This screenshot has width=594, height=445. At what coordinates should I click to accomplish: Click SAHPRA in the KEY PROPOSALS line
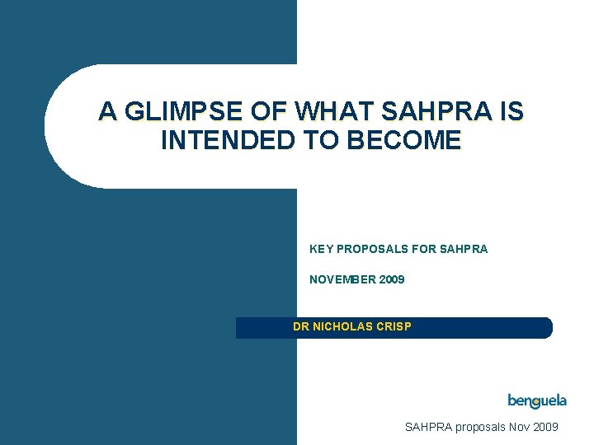pos(464,248)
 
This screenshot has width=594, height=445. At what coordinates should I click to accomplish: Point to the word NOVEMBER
pos(342,280)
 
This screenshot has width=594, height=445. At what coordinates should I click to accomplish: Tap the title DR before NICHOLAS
pos(301,326)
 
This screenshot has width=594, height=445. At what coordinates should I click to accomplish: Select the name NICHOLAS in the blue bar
pos(344,326)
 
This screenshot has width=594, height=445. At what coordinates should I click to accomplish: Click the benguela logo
pos(537,401)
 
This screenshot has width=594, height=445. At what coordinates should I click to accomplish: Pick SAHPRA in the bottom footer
pos(428,427)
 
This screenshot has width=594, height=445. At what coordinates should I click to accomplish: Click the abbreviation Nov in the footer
pos(519,427)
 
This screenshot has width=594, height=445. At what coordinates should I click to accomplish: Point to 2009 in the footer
pos(546,427)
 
